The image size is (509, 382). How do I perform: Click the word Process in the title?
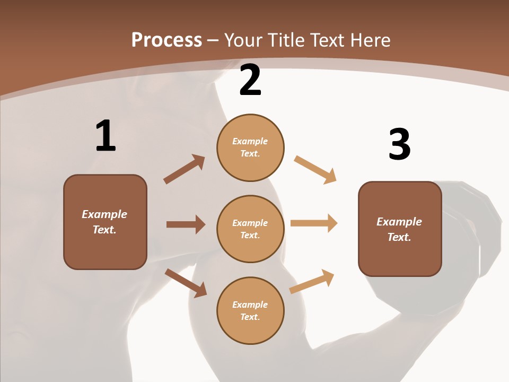click(x=166, y=40)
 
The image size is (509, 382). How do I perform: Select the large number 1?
click(x=106, y=136)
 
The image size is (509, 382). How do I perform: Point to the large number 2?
click(x=250, y=81)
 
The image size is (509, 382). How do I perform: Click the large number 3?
click(x=399, y=145)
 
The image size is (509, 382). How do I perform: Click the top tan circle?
click(x=250, y=147)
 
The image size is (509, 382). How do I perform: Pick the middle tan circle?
click(x=250, y=229)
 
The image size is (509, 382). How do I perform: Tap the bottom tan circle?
click(x=250, y=310)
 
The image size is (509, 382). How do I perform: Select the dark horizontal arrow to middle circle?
click(x=186, y=224)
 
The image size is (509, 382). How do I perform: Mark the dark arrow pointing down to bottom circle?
click(x=186, y=282)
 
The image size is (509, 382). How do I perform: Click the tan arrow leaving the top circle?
click(x=315, y=169)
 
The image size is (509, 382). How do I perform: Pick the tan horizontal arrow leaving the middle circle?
click(x=314, y=223)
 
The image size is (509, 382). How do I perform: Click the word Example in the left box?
click(x=104, y=214)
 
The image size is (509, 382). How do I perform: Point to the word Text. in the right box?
click(x=399, y=237)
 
